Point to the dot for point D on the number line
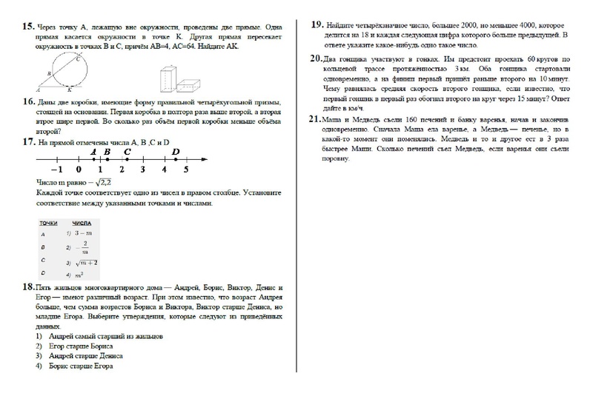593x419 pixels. click(x=176, y=158)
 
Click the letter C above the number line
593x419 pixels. click(x=127, y=151)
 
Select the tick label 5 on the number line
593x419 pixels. click(x=186, y=170)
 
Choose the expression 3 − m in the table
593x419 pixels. click(x=76, y=232)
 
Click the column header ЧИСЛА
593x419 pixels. click(x=82, y=222)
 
